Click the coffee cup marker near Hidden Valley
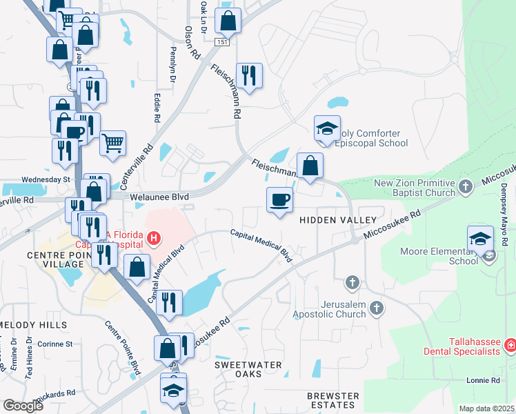click(x=279, y=200)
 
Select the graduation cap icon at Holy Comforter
click(x=327, y=128)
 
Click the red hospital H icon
click(x=154, y=239)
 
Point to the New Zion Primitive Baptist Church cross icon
click(x=466, y=186)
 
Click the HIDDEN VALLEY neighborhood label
click(x=337, y=220)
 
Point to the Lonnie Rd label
click(x=482, y=380)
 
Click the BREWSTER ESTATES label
click(x=333, y=400)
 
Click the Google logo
click(x=23, y=406)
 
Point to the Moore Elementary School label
click(x=439, y=255)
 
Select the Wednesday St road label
click(x=46, y=179)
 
